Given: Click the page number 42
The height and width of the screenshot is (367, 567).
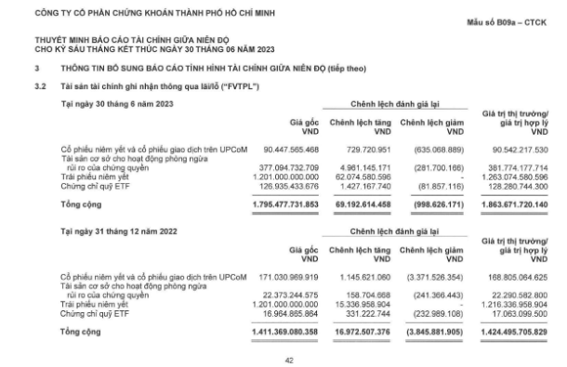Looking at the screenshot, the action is [x=288, y=360].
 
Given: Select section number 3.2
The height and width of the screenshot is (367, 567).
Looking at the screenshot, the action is [x=40, y=86].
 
